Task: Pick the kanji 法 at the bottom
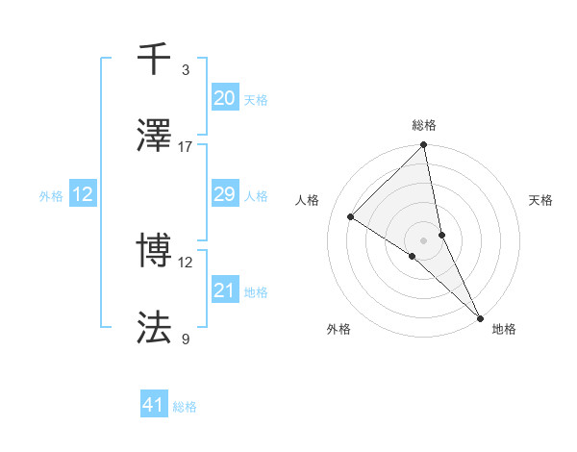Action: (155, 328)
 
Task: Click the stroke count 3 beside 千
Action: (186, 69)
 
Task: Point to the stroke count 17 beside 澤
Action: (186, 146)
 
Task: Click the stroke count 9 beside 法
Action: (186, 339)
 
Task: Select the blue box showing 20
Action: (224, 98)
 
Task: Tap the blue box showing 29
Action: (224, 194)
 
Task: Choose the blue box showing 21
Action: (224, 290)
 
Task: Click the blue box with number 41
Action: (154, 405)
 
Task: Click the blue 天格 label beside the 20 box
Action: (255, 100)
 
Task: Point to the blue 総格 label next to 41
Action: (185, 407)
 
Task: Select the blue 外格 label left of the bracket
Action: (51, 196)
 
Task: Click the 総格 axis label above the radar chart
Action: (424, 125)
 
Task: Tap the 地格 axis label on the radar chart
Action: (504, 329)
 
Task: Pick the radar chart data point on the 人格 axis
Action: (351, 216)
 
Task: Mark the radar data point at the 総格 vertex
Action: (424, 146)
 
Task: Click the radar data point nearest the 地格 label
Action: (479, 316)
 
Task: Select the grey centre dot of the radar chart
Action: (424, 239)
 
